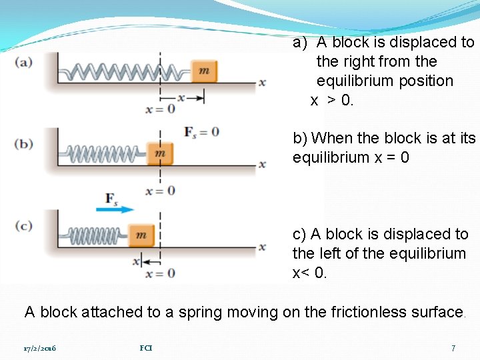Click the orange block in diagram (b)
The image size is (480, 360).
tap(160, 153)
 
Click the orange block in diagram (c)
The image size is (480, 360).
tap(141, 235)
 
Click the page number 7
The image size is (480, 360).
tap(453, 348)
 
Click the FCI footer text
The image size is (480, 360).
tap(146, 348)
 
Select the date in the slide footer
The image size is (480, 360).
tap(40, 348)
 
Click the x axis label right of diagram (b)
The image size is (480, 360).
tap(263, 164)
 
